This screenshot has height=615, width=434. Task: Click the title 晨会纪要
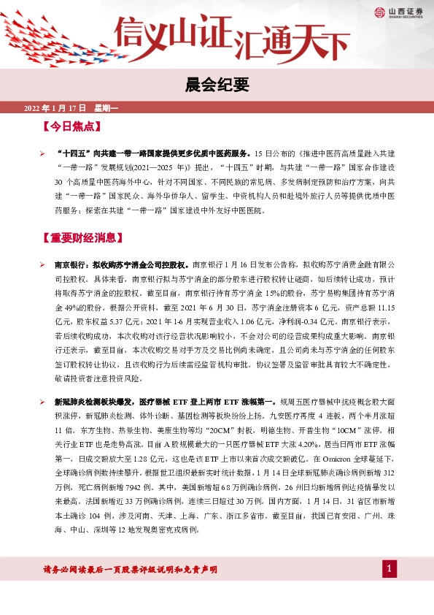pos(217,83)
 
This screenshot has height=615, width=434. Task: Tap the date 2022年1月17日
pos(55,108)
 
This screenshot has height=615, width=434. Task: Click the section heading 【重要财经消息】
pos(85,239)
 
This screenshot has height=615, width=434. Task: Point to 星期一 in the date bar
pos(106,108)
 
